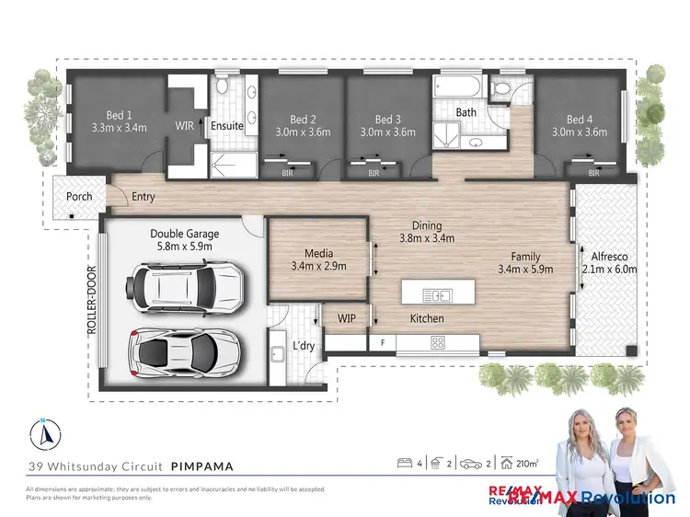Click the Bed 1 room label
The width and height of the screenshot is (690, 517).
(x=115, y=116)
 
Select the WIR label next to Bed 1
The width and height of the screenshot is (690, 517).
(x=184, y=126)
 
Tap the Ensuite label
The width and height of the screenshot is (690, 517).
(x=227, y=126)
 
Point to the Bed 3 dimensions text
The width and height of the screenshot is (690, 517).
(x=387, y=132)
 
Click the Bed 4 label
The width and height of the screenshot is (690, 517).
(x=580, y=120)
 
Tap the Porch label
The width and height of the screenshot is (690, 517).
(x=79, y=197)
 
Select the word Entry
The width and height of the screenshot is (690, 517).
(x=143, y=197)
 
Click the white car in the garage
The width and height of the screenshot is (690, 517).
(x=188, y=286)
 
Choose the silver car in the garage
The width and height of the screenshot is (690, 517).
(x=185, y=350)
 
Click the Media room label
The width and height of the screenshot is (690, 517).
(x=317, y=253)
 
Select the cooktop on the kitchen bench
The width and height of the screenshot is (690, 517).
(x=437, y=342)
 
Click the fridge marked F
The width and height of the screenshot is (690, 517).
(x=382, y=342)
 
